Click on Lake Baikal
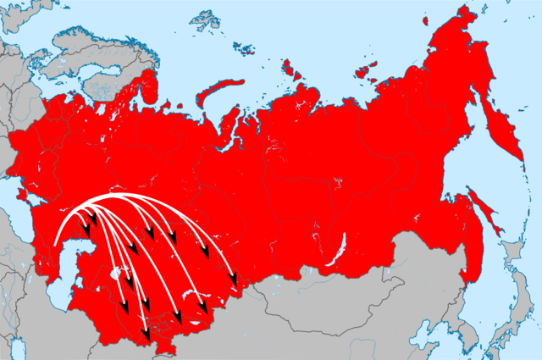point(344,252)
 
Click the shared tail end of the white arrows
point(56,244)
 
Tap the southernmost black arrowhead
point(145,335)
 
